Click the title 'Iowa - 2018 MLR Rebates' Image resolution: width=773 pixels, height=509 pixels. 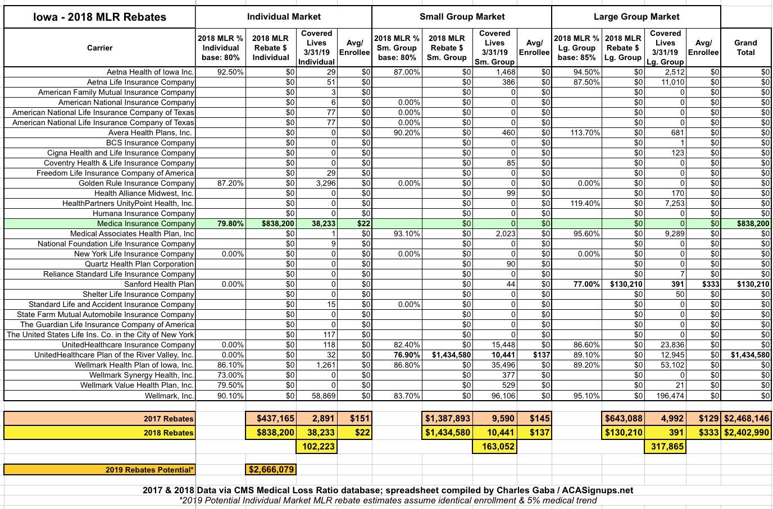pos(99,17)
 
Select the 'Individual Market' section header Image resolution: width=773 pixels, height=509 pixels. pos(284,17)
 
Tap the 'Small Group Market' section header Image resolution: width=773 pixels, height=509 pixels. pos(462,17)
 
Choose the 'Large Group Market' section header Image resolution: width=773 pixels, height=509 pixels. pos(636,17)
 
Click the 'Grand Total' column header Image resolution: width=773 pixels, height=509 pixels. pos(745,48)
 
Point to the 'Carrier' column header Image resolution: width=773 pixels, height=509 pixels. pos(99,48)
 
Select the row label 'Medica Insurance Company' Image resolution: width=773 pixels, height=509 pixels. pos(145,223)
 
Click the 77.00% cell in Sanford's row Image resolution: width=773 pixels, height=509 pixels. pos(586,284)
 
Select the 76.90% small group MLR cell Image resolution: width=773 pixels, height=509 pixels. pos(406,355)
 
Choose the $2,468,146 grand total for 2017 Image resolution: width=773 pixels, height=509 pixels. pos(745,418)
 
